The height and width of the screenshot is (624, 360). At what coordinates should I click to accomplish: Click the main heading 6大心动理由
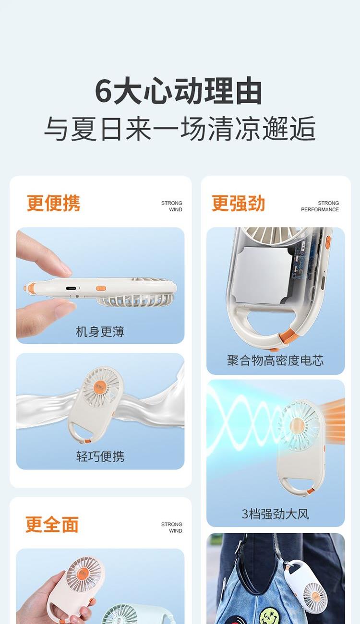[x=179, y=91]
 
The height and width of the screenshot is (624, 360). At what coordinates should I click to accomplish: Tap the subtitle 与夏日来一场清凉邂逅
[x=180, y=129]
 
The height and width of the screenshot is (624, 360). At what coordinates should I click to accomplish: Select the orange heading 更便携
[x=53, y=203]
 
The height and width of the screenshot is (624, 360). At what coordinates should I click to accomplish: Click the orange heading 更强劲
[x=238, y=203]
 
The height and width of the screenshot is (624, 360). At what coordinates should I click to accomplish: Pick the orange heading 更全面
[x=52, y=524]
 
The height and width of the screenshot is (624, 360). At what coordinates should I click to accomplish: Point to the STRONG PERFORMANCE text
[x=320, y=206]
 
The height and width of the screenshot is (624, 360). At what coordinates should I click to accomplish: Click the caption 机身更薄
[x=100, y=332]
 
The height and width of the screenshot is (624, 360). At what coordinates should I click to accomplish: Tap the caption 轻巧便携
[x=100, y=456]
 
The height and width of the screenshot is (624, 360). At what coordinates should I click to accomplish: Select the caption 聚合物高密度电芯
[x=276, y=360]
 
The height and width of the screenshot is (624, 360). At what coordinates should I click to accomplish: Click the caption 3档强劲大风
[x=276, y=514]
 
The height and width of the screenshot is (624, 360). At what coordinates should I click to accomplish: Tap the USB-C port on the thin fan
[x=72, y=288]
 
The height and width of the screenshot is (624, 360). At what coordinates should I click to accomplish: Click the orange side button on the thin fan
[x=101, y=288]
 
